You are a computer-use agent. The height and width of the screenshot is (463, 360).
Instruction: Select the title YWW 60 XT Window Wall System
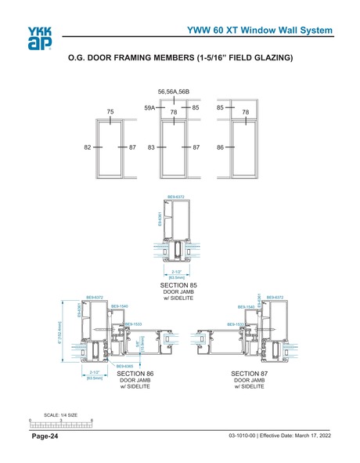coord(264,30)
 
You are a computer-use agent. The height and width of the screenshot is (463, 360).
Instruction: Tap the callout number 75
coord(111,112)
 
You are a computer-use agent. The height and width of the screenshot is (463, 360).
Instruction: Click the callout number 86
coord(221,146)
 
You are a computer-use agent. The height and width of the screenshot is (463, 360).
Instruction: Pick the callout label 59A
coord(149,107)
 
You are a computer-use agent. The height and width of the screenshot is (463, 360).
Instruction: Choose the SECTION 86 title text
coord(134,375)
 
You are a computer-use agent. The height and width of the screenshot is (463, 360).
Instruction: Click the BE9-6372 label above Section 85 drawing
coord(176,197)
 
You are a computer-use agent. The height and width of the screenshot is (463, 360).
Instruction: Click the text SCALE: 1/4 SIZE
coord(60,414)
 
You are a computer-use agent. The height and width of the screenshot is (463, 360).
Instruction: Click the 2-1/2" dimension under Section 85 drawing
coord(177,271)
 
